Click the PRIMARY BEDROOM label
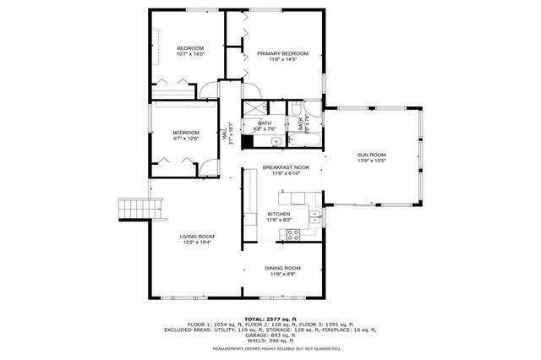click(x=282, y=53)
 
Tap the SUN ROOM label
click(x=371, y=155)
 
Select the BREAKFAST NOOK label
click(x=285, y=167)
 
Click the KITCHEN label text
click(x=279, y=214)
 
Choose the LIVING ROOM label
click(x=196, y=236)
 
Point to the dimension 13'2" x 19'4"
click(x=196, y=243)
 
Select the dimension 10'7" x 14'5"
click(x=190, y=54)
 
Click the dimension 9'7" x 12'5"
click(x=186, y=139)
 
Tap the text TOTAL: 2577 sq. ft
click(x=270, y=319)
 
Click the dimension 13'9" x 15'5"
click(x=371, y=161)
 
